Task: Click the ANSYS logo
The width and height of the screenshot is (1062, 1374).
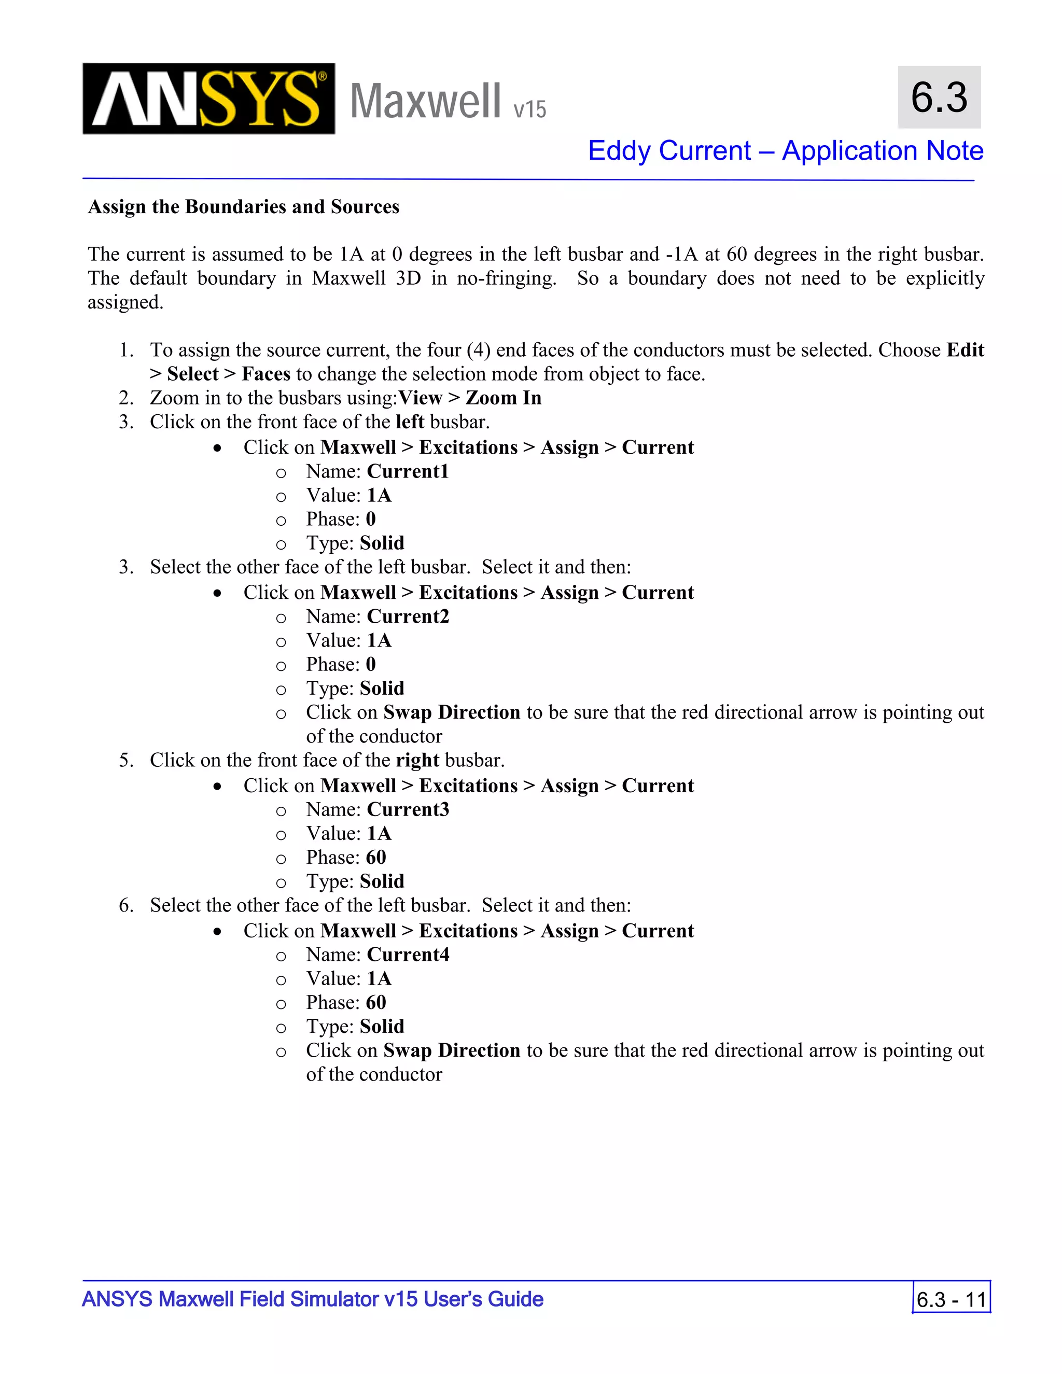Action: (208, 99)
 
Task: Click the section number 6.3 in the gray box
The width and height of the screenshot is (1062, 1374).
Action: (939, 97)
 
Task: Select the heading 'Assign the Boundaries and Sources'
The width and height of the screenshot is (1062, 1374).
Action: (244, 207)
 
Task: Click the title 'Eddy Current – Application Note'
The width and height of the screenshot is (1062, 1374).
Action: (785, 151)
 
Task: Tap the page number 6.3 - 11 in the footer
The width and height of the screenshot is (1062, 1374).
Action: (951, 1299)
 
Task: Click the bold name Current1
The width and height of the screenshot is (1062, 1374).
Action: (408, 471)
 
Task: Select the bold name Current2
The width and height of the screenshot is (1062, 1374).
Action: (408, 616)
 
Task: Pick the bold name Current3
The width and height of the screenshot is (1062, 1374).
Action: (408, 810)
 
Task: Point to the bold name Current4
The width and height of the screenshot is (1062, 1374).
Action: (408, 955)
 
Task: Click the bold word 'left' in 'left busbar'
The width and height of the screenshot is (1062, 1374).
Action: (410, 422)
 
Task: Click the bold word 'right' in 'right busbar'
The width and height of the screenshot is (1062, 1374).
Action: (417, 760)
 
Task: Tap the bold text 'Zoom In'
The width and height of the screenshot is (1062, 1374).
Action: (504, 398)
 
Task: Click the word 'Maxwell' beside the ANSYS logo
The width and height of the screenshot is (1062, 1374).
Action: (425, 101)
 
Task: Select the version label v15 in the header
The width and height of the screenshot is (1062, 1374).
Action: (530, 109)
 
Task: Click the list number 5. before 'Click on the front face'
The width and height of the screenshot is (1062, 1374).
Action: (127, 760)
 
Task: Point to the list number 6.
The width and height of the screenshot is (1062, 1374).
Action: (127, 905)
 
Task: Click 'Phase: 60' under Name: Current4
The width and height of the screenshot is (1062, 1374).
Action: (346, 1003)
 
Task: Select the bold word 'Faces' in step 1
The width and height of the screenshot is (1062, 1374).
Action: (265, 374)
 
